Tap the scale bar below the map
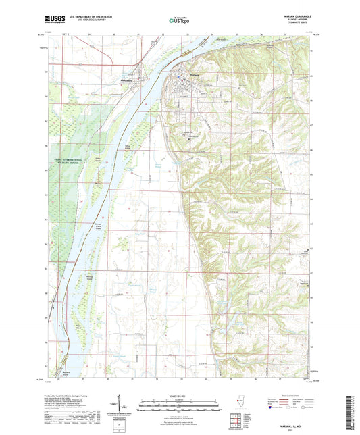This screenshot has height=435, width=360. (179, 406)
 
